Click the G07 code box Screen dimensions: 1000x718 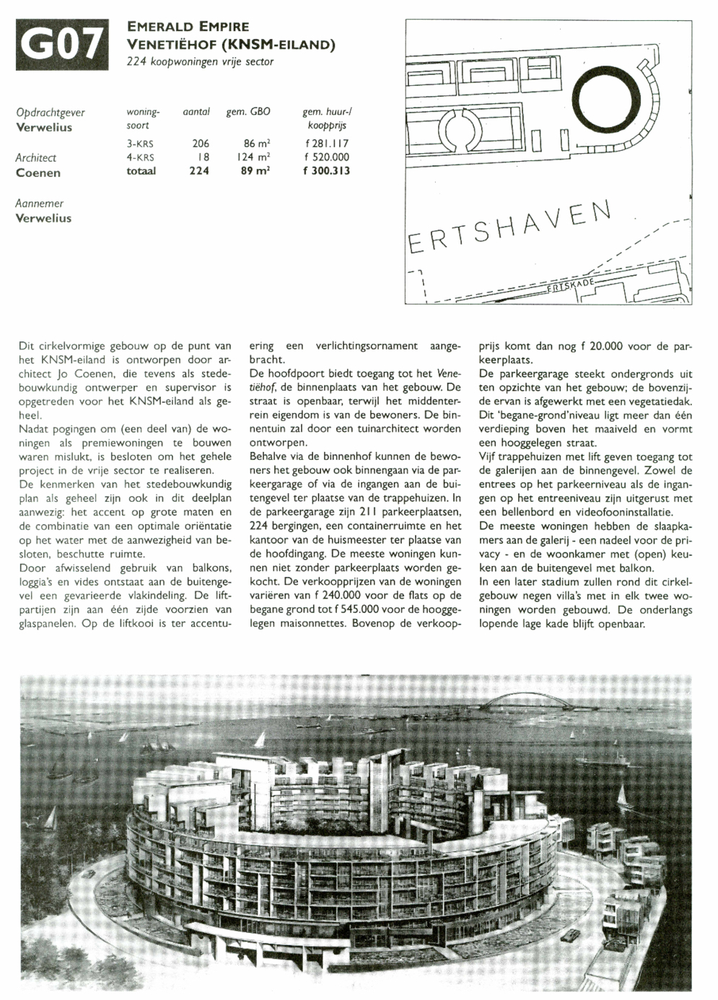click(61, 45)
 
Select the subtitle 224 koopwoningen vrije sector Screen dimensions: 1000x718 click(200, 62)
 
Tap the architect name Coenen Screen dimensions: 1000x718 click(38, 173)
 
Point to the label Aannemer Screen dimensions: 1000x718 click(40, 204)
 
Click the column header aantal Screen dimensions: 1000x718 click(196, 112)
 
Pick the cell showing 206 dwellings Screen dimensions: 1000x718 click(200, 144)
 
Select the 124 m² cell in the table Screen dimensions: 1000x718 click(253, 157)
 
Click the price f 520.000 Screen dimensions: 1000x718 click(327, 157)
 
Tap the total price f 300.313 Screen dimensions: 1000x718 click(326, 171)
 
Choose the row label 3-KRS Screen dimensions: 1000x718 click(140, 144)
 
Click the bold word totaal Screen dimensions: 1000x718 click(141, 171)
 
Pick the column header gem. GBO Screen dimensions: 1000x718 click(248, 112)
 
